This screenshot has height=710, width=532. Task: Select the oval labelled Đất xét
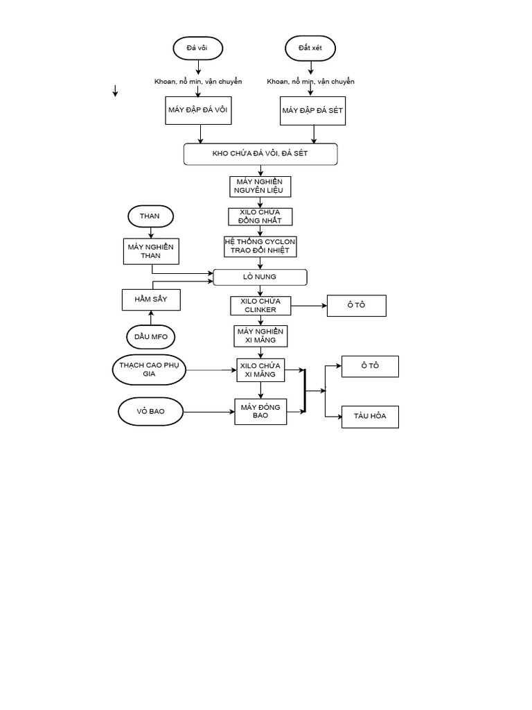(310, 48)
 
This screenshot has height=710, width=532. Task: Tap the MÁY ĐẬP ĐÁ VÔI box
(198, 110)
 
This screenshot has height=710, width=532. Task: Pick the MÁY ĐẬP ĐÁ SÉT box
(312, 110)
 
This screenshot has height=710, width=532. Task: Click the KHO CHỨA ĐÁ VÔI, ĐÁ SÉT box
(260, 154)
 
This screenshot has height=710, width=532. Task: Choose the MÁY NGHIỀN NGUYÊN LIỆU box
(260, 186)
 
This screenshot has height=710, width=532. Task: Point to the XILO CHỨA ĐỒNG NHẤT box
(260, 216)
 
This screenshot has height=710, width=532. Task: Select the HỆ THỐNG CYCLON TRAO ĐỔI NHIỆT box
(260, 246)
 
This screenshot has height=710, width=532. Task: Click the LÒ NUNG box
(260, 277)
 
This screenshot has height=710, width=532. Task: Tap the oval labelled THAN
(150, 216)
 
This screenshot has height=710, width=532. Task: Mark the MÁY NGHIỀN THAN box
(151, 251)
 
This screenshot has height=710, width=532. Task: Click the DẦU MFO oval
(151, 337)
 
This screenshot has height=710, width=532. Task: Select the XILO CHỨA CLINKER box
(260, 306)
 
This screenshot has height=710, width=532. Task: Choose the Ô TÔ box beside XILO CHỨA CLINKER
(356, 306)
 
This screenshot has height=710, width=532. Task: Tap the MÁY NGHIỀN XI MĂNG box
(260, 336)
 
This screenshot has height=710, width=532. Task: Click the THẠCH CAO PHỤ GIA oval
(149, 370)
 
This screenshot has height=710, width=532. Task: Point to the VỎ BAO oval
(151, 412)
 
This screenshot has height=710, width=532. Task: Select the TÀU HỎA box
(370, 417)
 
